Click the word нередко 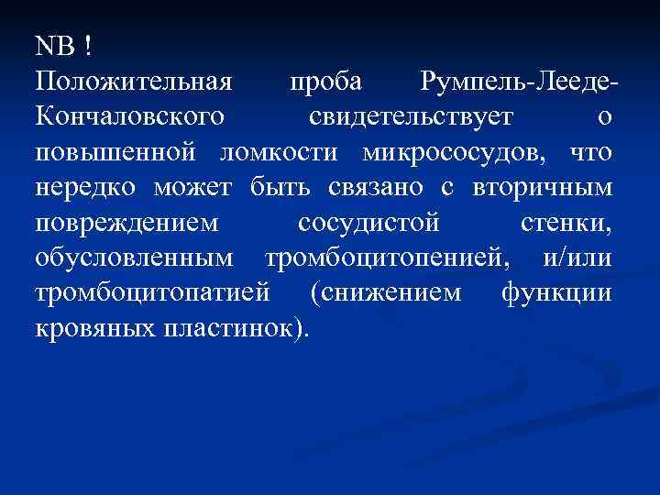[88, 187]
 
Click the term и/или [577, 258]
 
